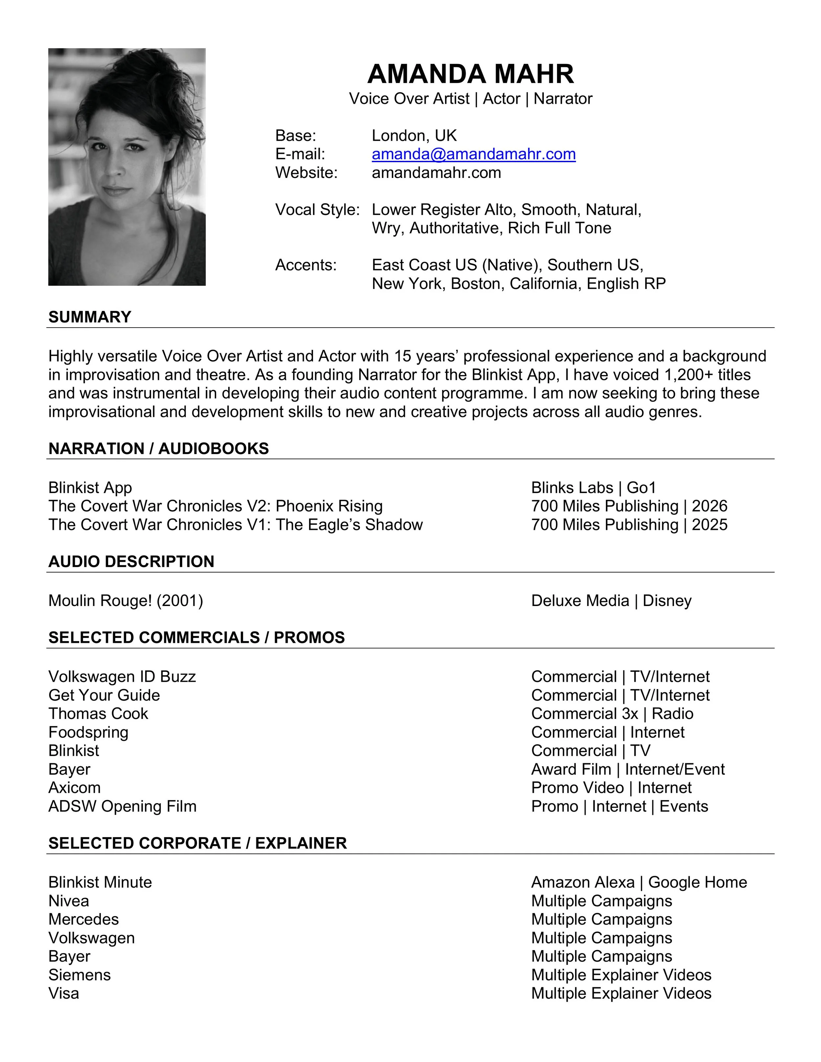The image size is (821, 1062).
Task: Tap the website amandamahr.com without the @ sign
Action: click(x=436, y=173)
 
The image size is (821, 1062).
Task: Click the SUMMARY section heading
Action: click(x=90, y=317)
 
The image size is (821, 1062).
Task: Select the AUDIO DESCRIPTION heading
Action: click(x=131, y=562)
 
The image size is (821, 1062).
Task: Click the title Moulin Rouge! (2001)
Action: click(x=125, y=601)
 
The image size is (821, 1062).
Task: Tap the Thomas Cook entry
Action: click(x=98, y=714)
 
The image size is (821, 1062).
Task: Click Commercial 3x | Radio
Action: click(x=612, y=714)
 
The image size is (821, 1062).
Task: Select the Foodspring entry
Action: click(x=88, y=732)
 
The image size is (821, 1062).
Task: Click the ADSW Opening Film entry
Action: click(x=122, y=806)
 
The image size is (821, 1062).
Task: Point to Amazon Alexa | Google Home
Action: click(x=639, y=882)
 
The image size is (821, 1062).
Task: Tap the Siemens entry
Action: click(x=79, y=975)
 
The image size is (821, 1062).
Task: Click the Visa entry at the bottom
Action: click(x=63, y=993)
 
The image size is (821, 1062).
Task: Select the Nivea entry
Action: click(x=69, y=901)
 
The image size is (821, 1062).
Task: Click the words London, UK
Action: click(x=414, y=136)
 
